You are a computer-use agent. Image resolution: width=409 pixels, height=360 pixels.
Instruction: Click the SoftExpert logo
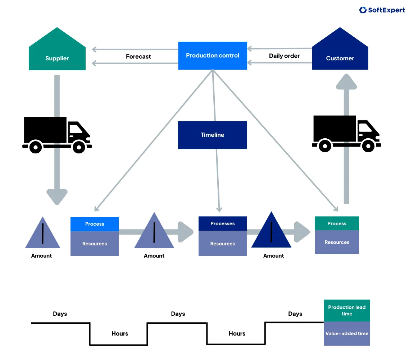tap(382, 10)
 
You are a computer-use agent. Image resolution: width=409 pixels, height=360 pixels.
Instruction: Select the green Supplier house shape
tap(57, 54)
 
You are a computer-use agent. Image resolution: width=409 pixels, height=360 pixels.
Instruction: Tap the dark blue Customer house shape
tap(340, 54)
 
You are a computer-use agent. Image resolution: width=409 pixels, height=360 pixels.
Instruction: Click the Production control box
tap(213, 56)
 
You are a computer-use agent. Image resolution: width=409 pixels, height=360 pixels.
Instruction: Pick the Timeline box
tap(213, 135)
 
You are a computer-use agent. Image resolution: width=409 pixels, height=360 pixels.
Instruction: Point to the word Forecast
tap(138, 56)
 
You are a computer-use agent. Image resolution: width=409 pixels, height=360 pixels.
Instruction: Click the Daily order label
tap(284, 56)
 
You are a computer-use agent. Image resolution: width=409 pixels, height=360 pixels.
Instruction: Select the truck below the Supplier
tap(57, 134)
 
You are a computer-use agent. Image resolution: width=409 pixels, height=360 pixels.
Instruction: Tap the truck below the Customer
tap(346, 133)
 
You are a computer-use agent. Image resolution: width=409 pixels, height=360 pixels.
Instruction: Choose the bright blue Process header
tap(95, 224)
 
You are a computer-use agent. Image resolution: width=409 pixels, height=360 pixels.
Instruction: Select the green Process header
tap(337, 223)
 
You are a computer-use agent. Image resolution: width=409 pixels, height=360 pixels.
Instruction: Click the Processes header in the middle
tap(222, 223)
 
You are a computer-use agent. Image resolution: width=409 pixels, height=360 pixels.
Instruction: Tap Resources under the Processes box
tap(222, 244)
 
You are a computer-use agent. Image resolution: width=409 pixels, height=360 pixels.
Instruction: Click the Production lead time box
tap(347, 310)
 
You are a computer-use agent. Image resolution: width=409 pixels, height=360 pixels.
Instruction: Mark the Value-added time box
tap(347, 334)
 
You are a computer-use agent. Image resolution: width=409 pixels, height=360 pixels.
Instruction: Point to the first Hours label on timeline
tap(120, 333)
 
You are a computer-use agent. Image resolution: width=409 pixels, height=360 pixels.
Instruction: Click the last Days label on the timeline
tap(295, 314)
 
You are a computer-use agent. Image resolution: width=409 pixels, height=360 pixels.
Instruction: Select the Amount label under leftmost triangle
tap(41, 256)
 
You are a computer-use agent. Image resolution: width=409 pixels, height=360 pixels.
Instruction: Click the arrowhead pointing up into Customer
tap(346, 82)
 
